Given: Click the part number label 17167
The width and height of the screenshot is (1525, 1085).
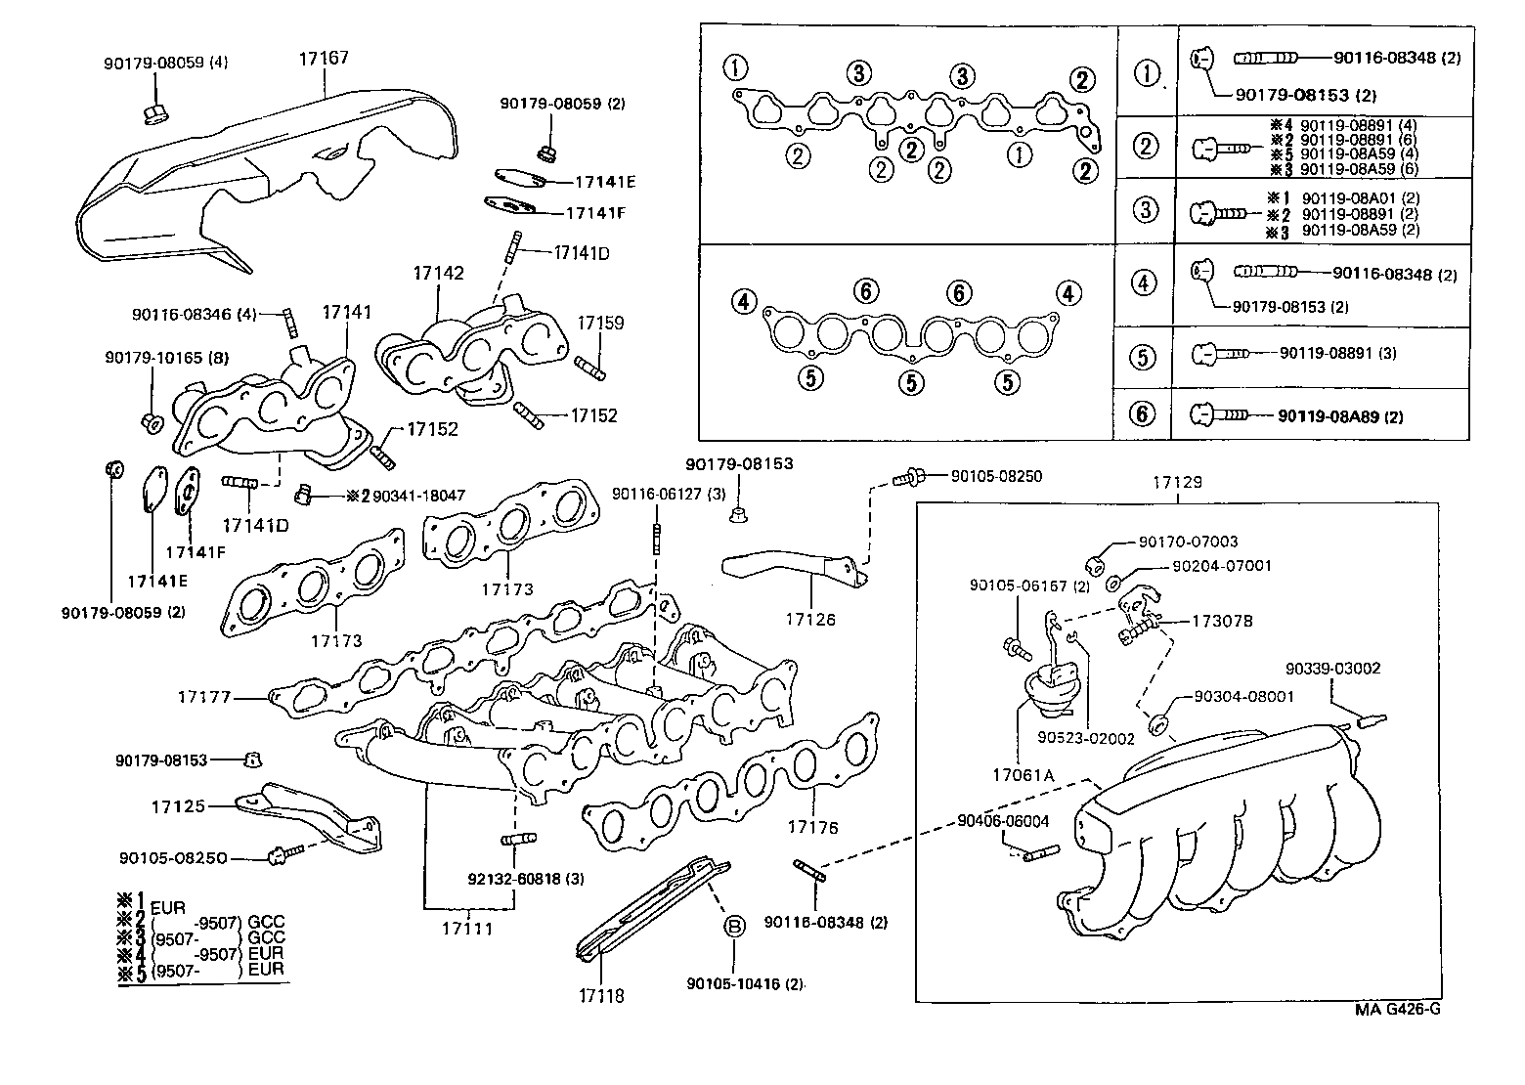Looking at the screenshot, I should (x=324, y=59).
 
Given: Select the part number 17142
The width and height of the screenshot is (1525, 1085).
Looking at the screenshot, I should (x=438, y=274).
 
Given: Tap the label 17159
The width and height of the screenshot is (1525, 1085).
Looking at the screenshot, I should (x=600, y=323).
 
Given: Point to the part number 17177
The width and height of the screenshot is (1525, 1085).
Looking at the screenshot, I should (x=204, y=697).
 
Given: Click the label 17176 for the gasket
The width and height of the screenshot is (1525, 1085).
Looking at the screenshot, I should (x=813, y=827).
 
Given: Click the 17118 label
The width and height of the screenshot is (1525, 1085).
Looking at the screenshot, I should (x=600, y=996).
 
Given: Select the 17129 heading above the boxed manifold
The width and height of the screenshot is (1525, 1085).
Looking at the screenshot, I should (x=1177, y=483).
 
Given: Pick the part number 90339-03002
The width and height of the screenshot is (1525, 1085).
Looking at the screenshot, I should (x=1332, y=669).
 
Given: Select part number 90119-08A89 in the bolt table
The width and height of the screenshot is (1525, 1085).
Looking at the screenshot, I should (x=1330, y=416).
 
